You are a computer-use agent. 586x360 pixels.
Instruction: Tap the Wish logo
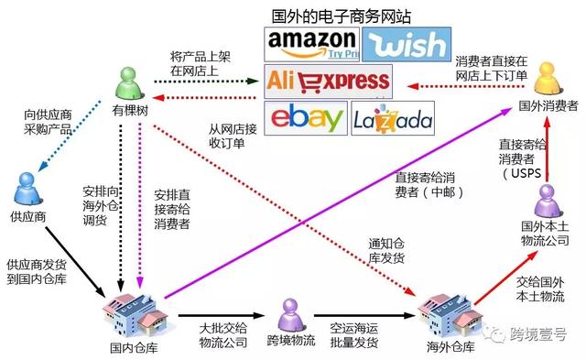click(x=406, y=43)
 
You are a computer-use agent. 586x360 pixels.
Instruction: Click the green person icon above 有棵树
click(x=130, y=83)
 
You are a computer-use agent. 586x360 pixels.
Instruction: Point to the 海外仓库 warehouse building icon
click(x=445, y=316)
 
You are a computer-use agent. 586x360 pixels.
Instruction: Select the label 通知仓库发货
click(x=392, y=250)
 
